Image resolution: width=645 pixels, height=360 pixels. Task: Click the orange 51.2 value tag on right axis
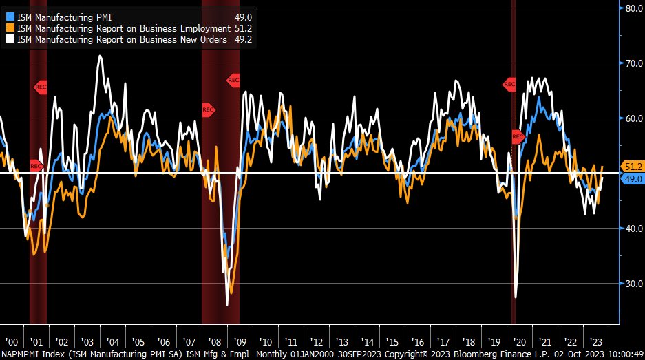(x=632, y=167)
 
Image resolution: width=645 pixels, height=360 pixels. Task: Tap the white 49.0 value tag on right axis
(x=632, y=179)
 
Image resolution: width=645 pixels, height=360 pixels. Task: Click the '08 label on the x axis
(x=214, y=342)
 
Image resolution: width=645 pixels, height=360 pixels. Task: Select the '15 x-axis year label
(x=392, y=342)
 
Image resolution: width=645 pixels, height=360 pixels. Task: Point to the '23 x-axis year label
(x=595, y=342)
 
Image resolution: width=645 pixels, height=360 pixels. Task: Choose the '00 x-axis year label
(x=12, y=342)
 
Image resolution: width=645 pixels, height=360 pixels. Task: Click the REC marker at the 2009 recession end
(x=233, y=81)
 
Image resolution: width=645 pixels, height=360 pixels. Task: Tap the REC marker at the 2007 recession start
(x=208, y=110)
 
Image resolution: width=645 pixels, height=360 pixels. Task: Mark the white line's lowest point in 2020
(x=515, y=297)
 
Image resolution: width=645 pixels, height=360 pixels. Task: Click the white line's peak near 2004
(x=100, y=56)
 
